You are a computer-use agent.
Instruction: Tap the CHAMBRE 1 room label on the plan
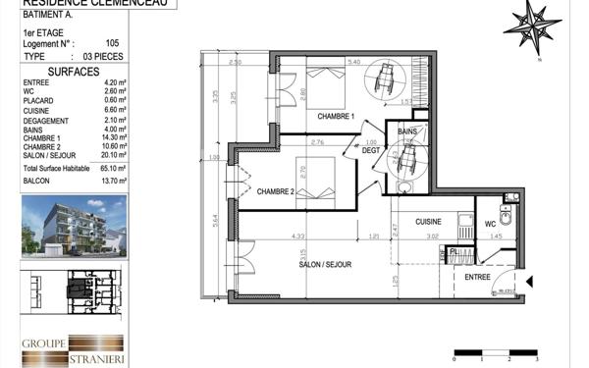(x=337, y=117)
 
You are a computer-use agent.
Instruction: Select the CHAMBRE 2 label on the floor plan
(x=277, y=191)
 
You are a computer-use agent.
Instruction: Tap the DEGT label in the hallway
(x=370, y=150)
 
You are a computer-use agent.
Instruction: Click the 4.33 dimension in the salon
(x=295, y=236)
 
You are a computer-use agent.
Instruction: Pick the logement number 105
(x=112, y=43)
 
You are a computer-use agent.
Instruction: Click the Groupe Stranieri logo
(x=74, y=347)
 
